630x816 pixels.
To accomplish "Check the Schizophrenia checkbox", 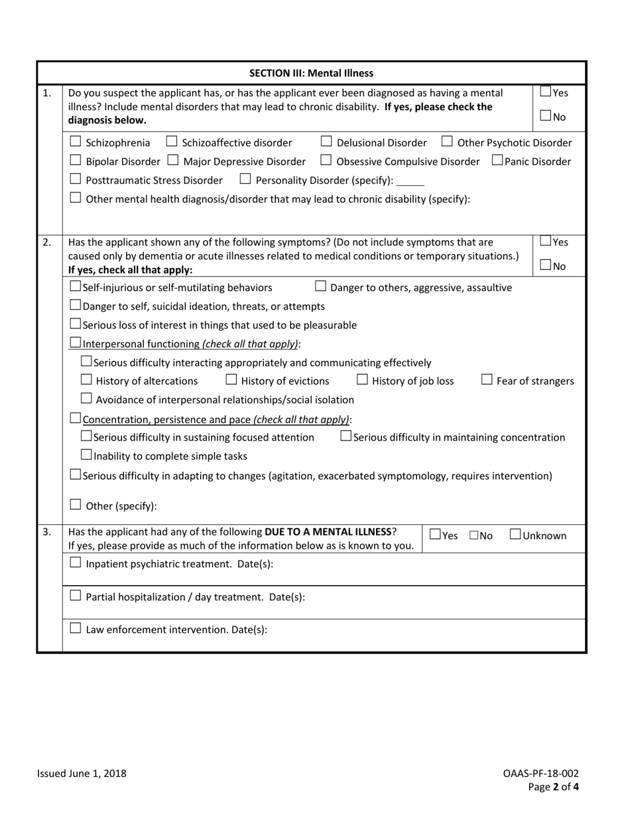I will coord(76,141).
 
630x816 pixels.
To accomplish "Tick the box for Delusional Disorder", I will coord(326,141).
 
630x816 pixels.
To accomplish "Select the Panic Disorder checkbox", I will coord(497,160).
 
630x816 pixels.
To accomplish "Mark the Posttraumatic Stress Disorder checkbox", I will coord(76,179).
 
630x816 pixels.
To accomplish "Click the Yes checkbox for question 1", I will coord(546,92).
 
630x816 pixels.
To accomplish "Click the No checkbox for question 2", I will coord(546,265).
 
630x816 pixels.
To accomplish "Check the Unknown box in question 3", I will coord(515,534).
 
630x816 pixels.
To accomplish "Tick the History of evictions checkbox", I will coord(231,379).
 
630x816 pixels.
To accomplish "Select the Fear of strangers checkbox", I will coord(487,379).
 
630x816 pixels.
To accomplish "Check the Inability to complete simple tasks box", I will coord(86,454).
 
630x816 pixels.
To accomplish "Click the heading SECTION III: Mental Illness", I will coord(311,73).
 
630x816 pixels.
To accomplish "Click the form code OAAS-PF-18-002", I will coord(540,774).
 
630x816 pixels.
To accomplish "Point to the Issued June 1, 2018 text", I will coord(82,774).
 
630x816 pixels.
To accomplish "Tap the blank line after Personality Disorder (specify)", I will coord(410,182).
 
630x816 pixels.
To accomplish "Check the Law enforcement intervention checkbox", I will coord(76,628).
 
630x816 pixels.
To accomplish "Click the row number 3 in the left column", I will coord(46,531).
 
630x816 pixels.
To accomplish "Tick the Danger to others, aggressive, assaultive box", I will coord(320,286).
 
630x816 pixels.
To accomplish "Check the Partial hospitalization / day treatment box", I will coord(76,596).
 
